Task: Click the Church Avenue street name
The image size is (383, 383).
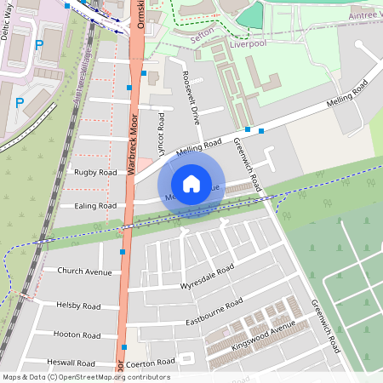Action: tap(84, 272)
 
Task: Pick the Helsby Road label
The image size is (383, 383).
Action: tap(77, 306)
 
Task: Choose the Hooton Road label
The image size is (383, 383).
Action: tap(77, 334)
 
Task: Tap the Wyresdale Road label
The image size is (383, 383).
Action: tap(207, 277)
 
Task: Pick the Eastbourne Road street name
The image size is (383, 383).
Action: tap(214, 312)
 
